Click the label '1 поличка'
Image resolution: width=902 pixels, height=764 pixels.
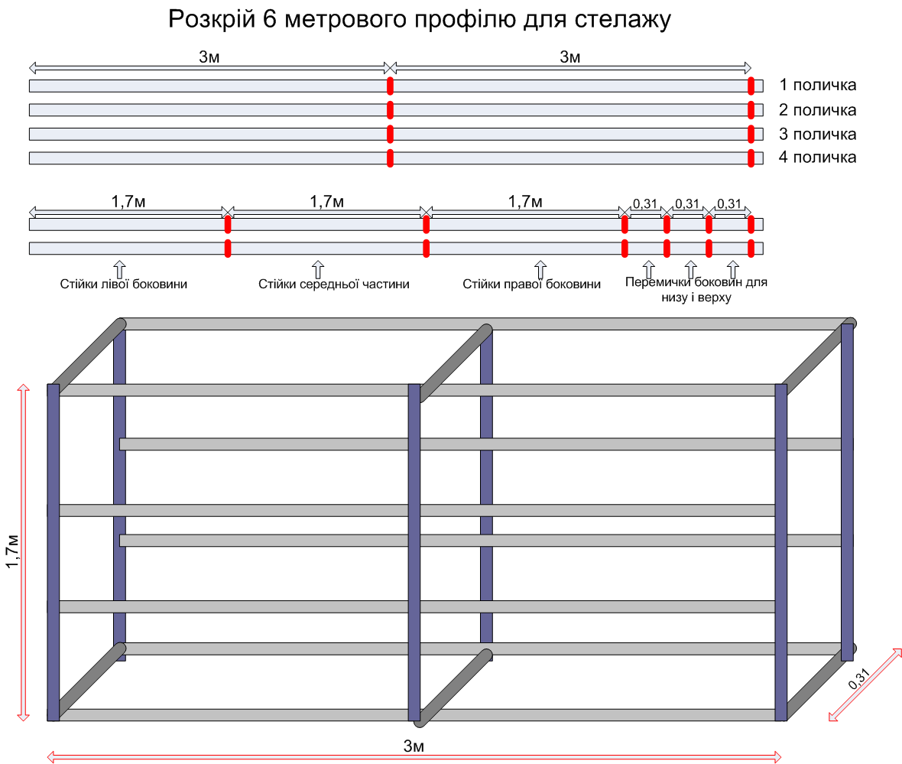pos(817,85)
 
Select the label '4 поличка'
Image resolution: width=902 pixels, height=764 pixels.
pos(817,158)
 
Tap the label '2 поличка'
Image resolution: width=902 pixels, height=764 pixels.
pos(817,110)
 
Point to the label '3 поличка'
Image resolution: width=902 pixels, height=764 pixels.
pos(817,134)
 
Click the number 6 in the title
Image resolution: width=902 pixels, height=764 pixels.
pos(270,19)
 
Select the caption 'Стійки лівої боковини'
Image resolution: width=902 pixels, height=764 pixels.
pos(124,284)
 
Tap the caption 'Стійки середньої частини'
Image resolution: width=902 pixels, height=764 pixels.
pos(333,284)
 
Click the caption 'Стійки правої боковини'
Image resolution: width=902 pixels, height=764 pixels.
pos(531,284)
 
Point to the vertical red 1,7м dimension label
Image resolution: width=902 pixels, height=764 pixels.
pos(12,551)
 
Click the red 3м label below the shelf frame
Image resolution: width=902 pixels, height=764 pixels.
pos(414,746)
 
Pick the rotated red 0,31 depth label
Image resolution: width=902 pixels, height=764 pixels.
pos(858,679)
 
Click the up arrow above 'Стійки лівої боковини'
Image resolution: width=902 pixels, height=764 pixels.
pos(120,269)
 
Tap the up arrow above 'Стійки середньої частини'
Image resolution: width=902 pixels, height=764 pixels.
pos(318,269)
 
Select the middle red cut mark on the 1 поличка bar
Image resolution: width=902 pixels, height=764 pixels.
pos(390,86)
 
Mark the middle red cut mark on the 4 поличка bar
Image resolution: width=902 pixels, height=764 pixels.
pos(390,158)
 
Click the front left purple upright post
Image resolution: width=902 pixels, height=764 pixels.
pos(54,553)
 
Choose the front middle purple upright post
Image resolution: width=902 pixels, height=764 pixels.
pos(414,553)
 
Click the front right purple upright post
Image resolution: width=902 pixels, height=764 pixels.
pos(781,553)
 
